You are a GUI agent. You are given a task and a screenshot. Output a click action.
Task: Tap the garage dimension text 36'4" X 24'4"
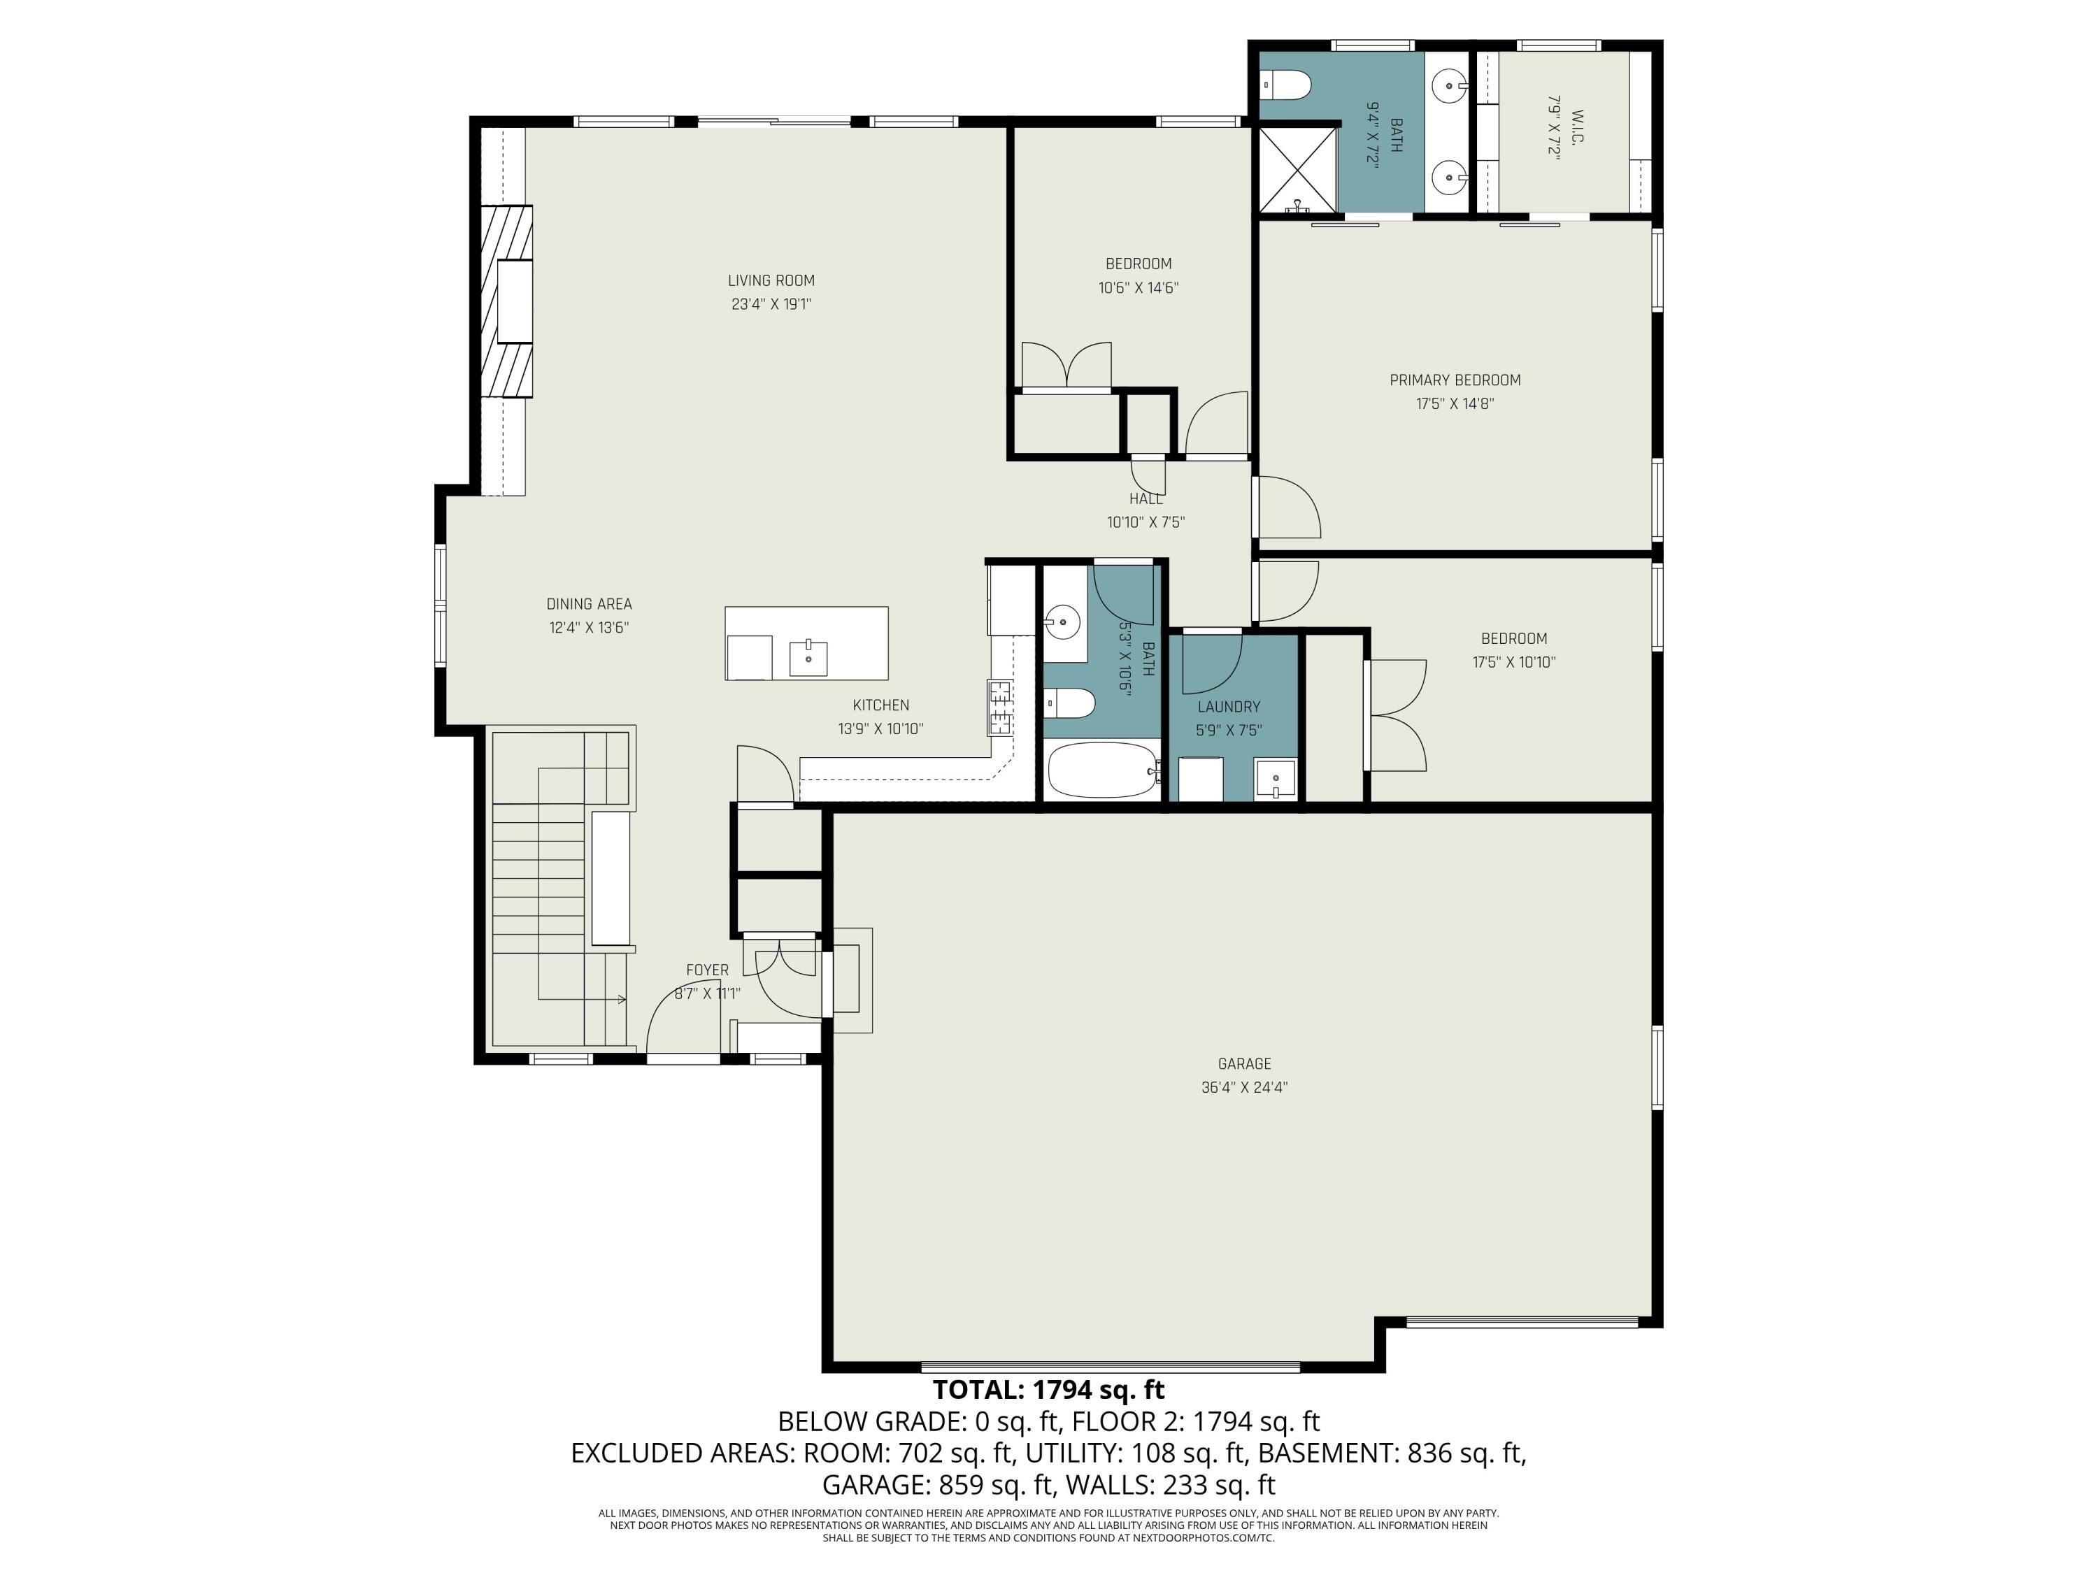(1243, 1088)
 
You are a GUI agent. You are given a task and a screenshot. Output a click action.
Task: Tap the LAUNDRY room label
(1228, 706)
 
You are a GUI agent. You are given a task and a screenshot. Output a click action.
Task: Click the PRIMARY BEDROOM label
(1454, 380)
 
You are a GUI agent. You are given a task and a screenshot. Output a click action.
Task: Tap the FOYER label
(706, 970)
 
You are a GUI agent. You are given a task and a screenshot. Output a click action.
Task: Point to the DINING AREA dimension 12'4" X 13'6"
(588, 628)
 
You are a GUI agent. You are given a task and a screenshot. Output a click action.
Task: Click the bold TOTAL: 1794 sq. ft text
(1048, 1390)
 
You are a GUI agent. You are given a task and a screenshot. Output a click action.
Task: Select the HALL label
(1146, 498)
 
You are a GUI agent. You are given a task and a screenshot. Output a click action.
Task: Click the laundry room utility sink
(1275, 780)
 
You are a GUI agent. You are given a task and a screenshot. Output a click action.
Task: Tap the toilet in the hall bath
(1071, 703)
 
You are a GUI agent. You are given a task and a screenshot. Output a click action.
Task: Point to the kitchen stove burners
(999, 708)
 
